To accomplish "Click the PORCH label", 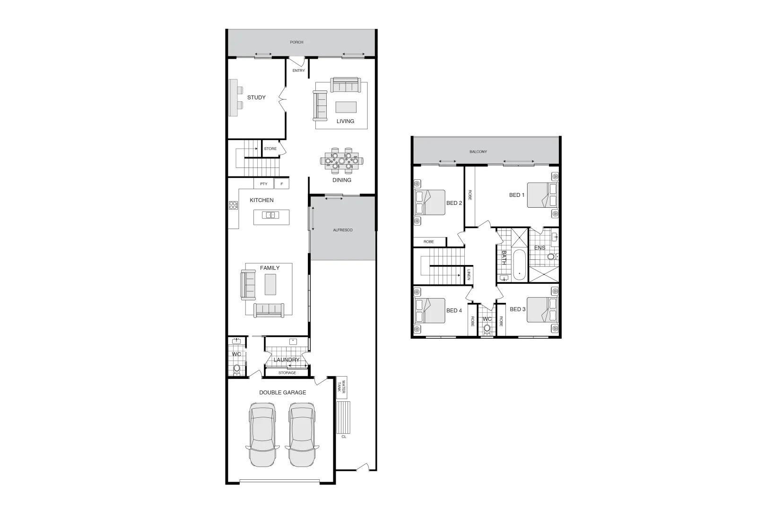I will click(x=296, y=43).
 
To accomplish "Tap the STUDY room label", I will click(x=256, y=97).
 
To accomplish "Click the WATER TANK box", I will click(x=341, y=388).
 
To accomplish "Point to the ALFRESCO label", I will click(x=343, y=230).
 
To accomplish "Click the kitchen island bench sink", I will click(x=271, y=215).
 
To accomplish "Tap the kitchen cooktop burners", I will click(x=233, y=205).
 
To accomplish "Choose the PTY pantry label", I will click(x=264, y=184).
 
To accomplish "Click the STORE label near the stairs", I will click(x=270, y=149).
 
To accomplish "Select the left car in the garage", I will click(x=262, y=434).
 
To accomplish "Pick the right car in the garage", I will click(x=302, y=434).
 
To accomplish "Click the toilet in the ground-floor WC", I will click(x=237, y=368).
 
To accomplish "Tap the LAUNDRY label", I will click(x=287, y=360).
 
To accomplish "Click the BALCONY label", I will click(x=478, y=152).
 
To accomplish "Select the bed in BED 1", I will click(x=542, y=195).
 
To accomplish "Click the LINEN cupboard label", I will click(x=469, y=275).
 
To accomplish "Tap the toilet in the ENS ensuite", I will click(x=551, y=257).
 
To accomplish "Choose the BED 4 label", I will click(x=454, y=311).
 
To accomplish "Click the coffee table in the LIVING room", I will click(x=346, y=107).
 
